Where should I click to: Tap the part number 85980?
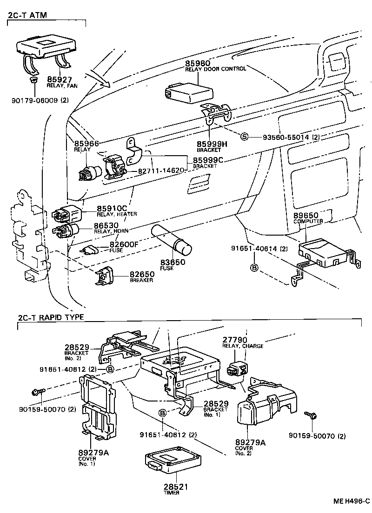coord(198,63)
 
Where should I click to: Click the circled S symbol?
coord(244,137)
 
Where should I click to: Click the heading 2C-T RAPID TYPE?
coord(51,317)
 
